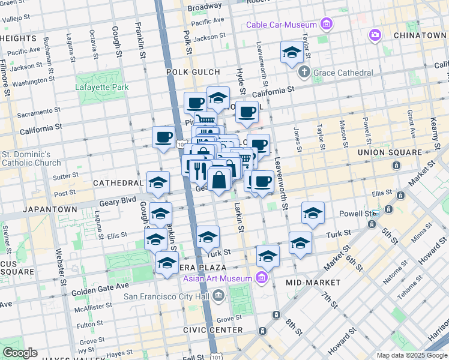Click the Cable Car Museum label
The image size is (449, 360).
point(282,25)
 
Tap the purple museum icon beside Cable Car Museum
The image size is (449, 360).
point(326,24)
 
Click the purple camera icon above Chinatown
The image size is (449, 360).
point(375,35)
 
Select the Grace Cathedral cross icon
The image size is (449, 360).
point(304,73)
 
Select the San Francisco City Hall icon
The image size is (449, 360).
point(217,295)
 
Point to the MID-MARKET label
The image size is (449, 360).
point(309,282)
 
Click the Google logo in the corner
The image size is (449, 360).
point(19,353)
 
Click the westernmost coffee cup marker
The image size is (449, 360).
point(163,137)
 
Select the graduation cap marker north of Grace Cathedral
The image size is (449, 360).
point(292,52)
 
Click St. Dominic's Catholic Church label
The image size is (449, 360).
point(31,158)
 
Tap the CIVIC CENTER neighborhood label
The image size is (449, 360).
point(214,330)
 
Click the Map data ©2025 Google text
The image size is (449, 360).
point(411,355)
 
